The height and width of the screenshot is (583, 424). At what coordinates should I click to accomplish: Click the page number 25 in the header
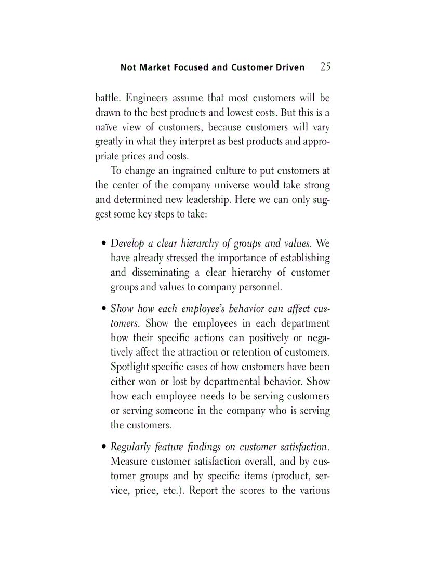click(x=325, y=66)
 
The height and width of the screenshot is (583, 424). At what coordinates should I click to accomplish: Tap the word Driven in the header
click(x=289, y=67)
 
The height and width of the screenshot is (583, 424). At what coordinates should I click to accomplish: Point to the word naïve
click(x=107, y=127)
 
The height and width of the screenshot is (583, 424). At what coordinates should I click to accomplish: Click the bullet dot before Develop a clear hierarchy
click(x=104, y=244)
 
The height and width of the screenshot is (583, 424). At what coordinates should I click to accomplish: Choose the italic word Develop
click(x=127, y=243)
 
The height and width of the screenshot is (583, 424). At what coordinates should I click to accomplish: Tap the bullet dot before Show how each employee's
click(x=104, y=309)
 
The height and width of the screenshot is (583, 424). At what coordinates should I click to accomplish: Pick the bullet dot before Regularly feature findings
click(x=104, y=448)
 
